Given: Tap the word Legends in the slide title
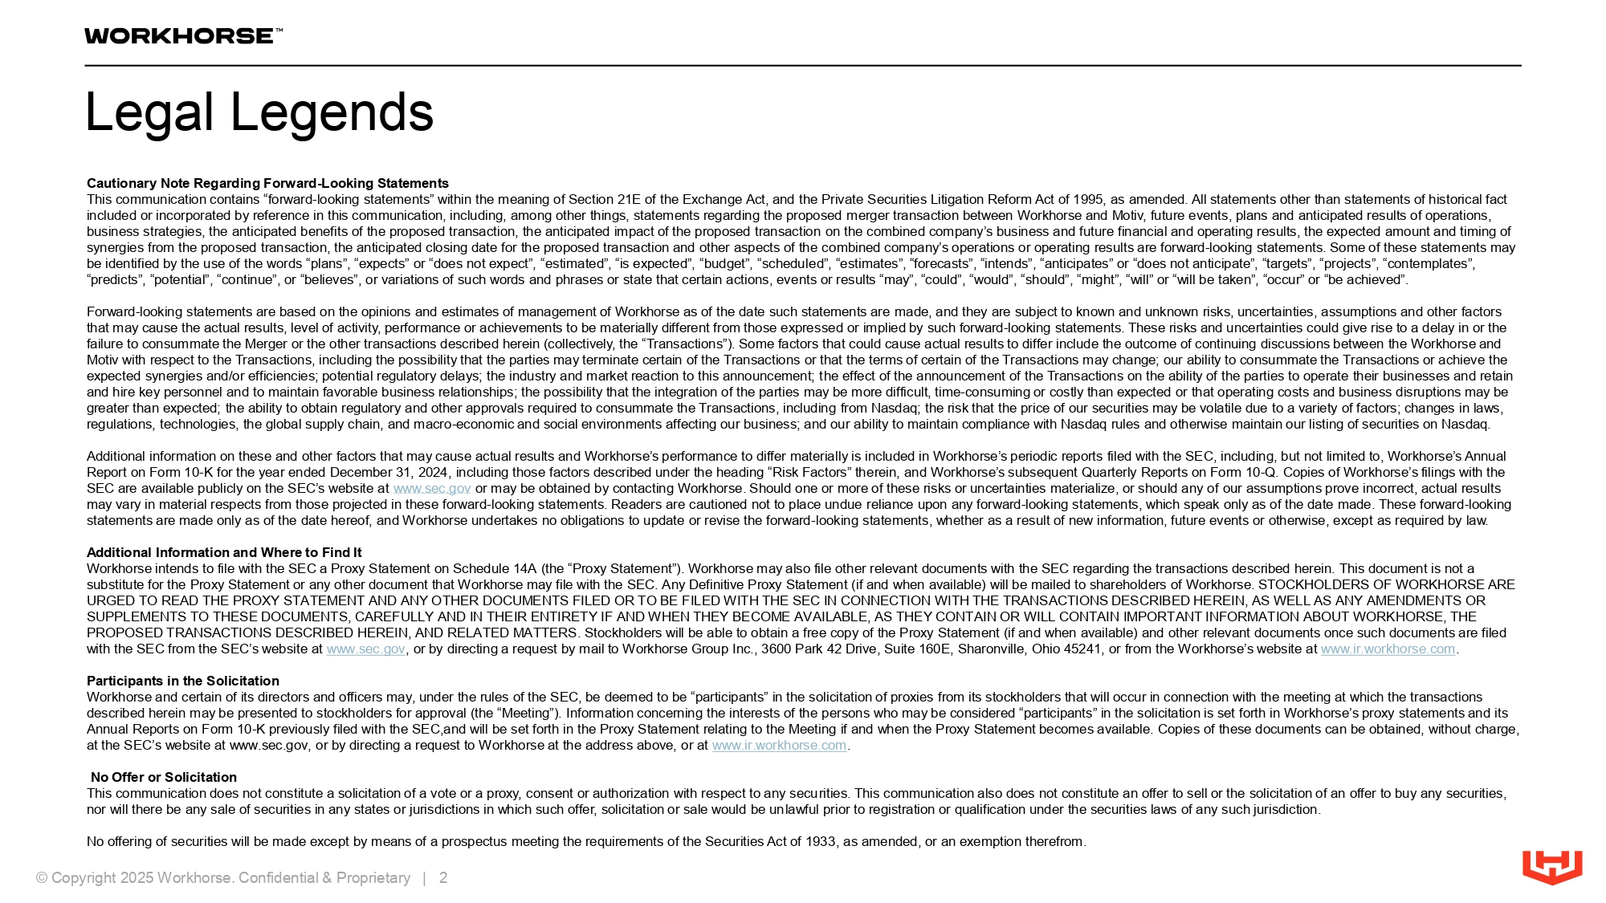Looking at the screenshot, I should click(332, 112).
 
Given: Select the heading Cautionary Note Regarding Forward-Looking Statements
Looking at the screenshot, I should click(267, 183).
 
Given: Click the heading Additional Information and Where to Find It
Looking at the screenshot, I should click(224, 552).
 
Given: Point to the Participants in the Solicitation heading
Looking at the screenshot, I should click(183, 681).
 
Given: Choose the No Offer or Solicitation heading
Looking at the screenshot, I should click(164, 777).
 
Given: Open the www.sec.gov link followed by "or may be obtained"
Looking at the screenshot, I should click(431, 488).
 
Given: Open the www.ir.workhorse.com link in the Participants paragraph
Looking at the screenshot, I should click(779, 745).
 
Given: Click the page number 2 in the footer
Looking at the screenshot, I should click(443, 877).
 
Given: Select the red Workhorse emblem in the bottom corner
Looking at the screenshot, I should click(1552, 867).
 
